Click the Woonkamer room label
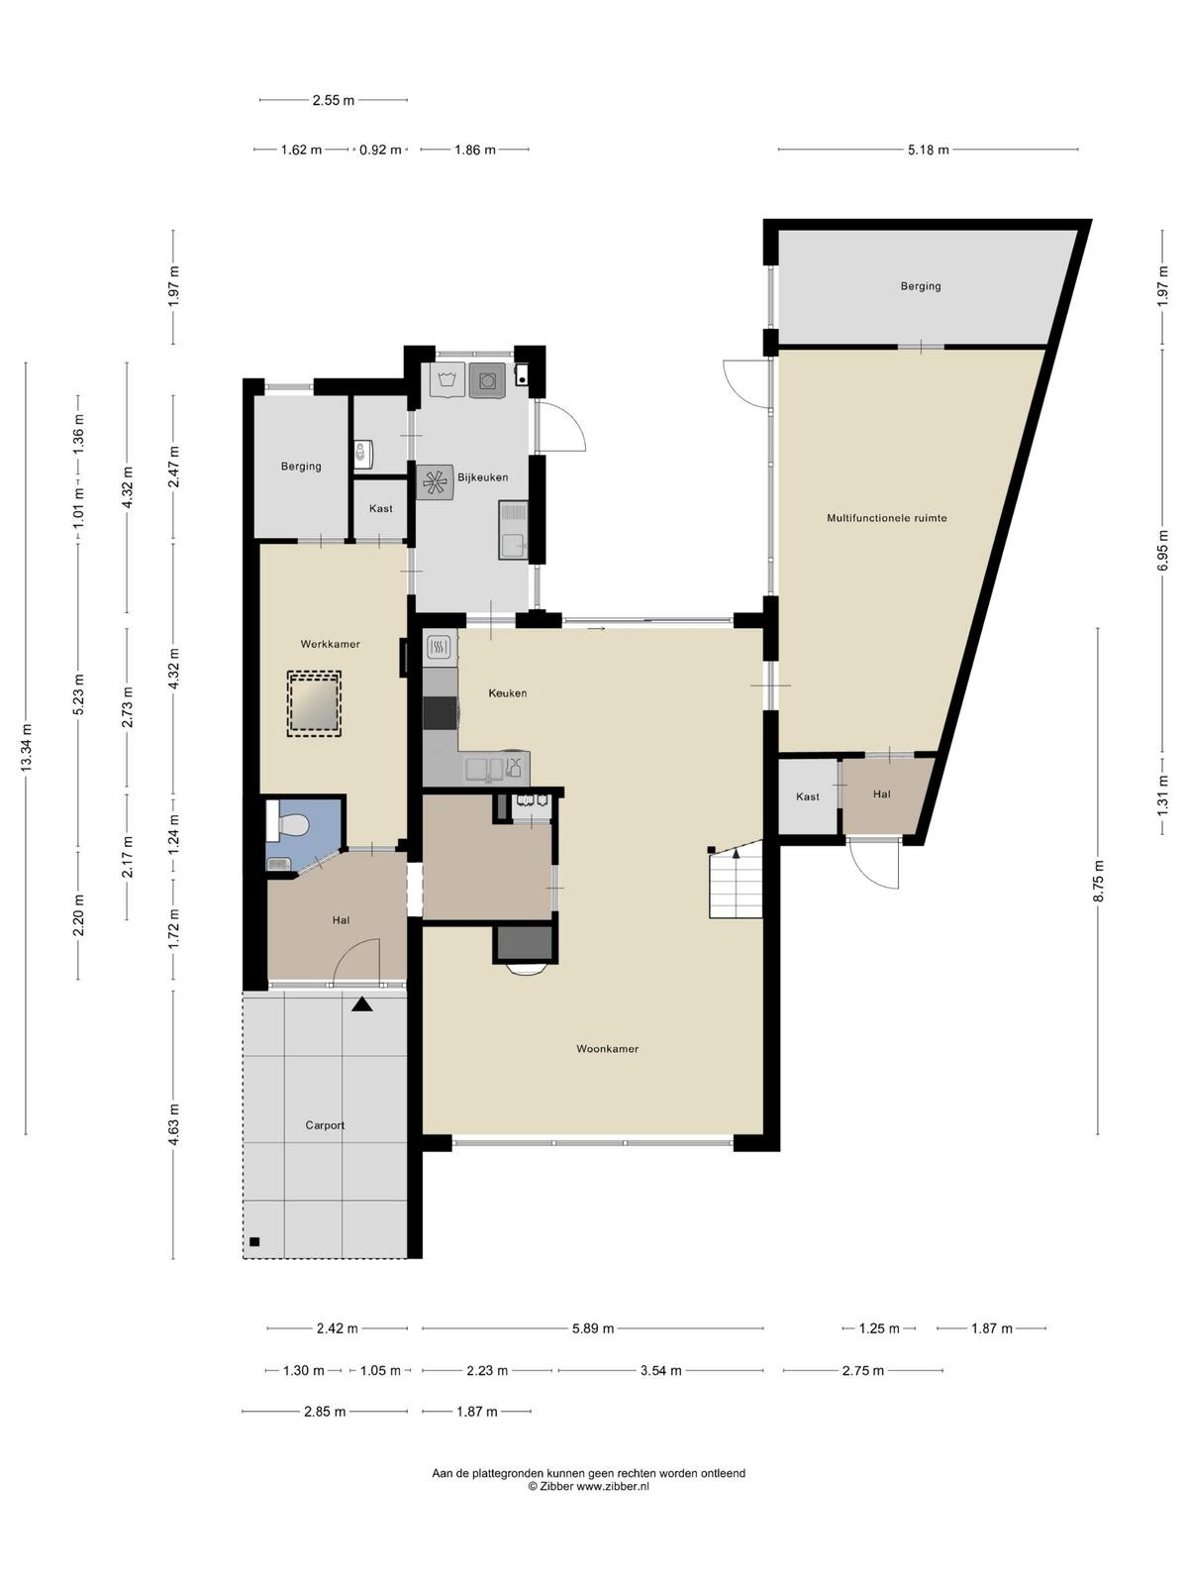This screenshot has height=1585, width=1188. click(607, 1048)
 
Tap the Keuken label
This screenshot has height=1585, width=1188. click(507, 693)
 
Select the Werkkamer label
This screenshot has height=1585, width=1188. click(330, 644)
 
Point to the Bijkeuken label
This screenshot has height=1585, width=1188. click(482, 477)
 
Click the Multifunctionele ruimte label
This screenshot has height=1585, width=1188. click(886, 518)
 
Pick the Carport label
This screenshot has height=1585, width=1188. click(325, 1125)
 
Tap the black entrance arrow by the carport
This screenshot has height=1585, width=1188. click(361, 1004)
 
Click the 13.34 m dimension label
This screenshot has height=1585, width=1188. click(26, 747)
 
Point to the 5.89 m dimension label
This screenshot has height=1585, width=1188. click(593, 1328)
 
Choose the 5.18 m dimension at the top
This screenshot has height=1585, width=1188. click(928, 150)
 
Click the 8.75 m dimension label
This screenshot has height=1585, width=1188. click(1098, 881)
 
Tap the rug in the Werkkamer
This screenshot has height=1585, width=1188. click(314, 703)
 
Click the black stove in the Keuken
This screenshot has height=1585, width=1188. click(440, 713)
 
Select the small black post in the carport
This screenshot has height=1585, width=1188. click(253, 1242)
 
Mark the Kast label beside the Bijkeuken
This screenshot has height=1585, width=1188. click(381, 508)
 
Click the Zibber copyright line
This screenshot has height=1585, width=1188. click(588, 1486)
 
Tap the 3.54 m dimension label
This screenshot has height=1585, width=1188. click(660, 1371)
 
